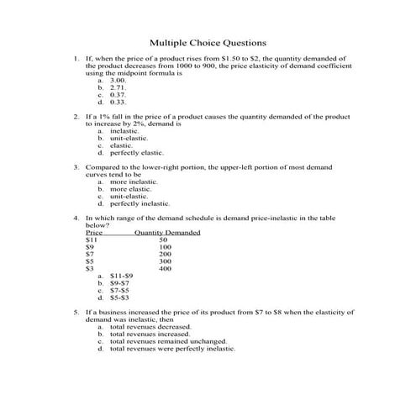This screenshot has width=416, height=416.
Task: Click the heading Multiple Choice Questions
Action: (208, 41)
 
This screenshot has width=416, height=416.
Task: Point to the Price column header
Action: (94, 232)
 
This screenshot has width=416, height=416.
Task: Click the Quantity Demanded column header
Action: (167, 232)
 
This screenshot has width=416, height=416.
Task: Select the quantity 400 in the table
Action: (166, 268)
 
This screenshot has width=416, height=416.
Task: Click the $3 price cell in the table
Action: (91, 268)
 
